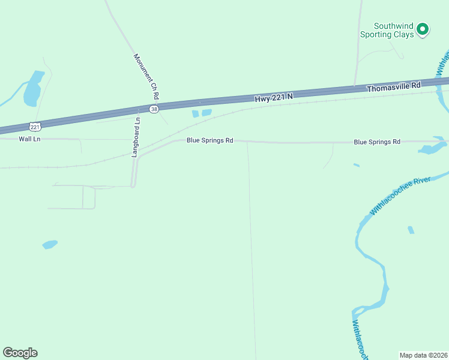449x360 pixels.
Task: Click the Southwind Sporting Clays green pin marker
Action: tap(423, 28)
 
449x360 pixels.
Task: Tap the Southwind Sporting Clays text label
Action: tap(387, 31)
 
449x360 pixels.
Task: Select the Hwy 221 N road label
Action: tap(273, 97)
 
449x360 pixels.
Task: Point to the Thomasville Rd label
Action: tap(394, 88)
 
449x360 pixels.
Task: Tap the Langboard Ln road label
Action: tap(136, 137)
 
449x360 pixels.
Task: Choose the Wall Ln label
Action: tap(29, 139)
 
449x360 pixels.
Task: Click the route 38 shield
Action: tap(154, 109)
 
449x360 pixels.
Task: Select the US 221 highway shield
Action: tap(35, 126)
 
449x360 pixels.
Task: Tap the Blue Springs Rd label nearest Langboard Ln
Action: tap(209, 140)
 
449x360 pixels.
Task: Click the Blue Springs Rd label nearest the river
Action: tap(377, 142)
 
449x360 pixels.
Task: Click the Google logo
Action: tap(20, 353)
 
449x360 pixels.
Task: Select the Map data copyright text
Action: tap(423, 355)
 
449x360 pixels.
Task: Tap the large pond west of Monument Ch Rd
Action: tap(32, 89)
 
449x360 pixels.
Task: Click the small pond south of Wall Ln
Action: tap(50, 244)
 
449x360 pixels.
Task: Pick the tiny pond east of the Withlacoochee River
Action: tap(411, 230)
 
